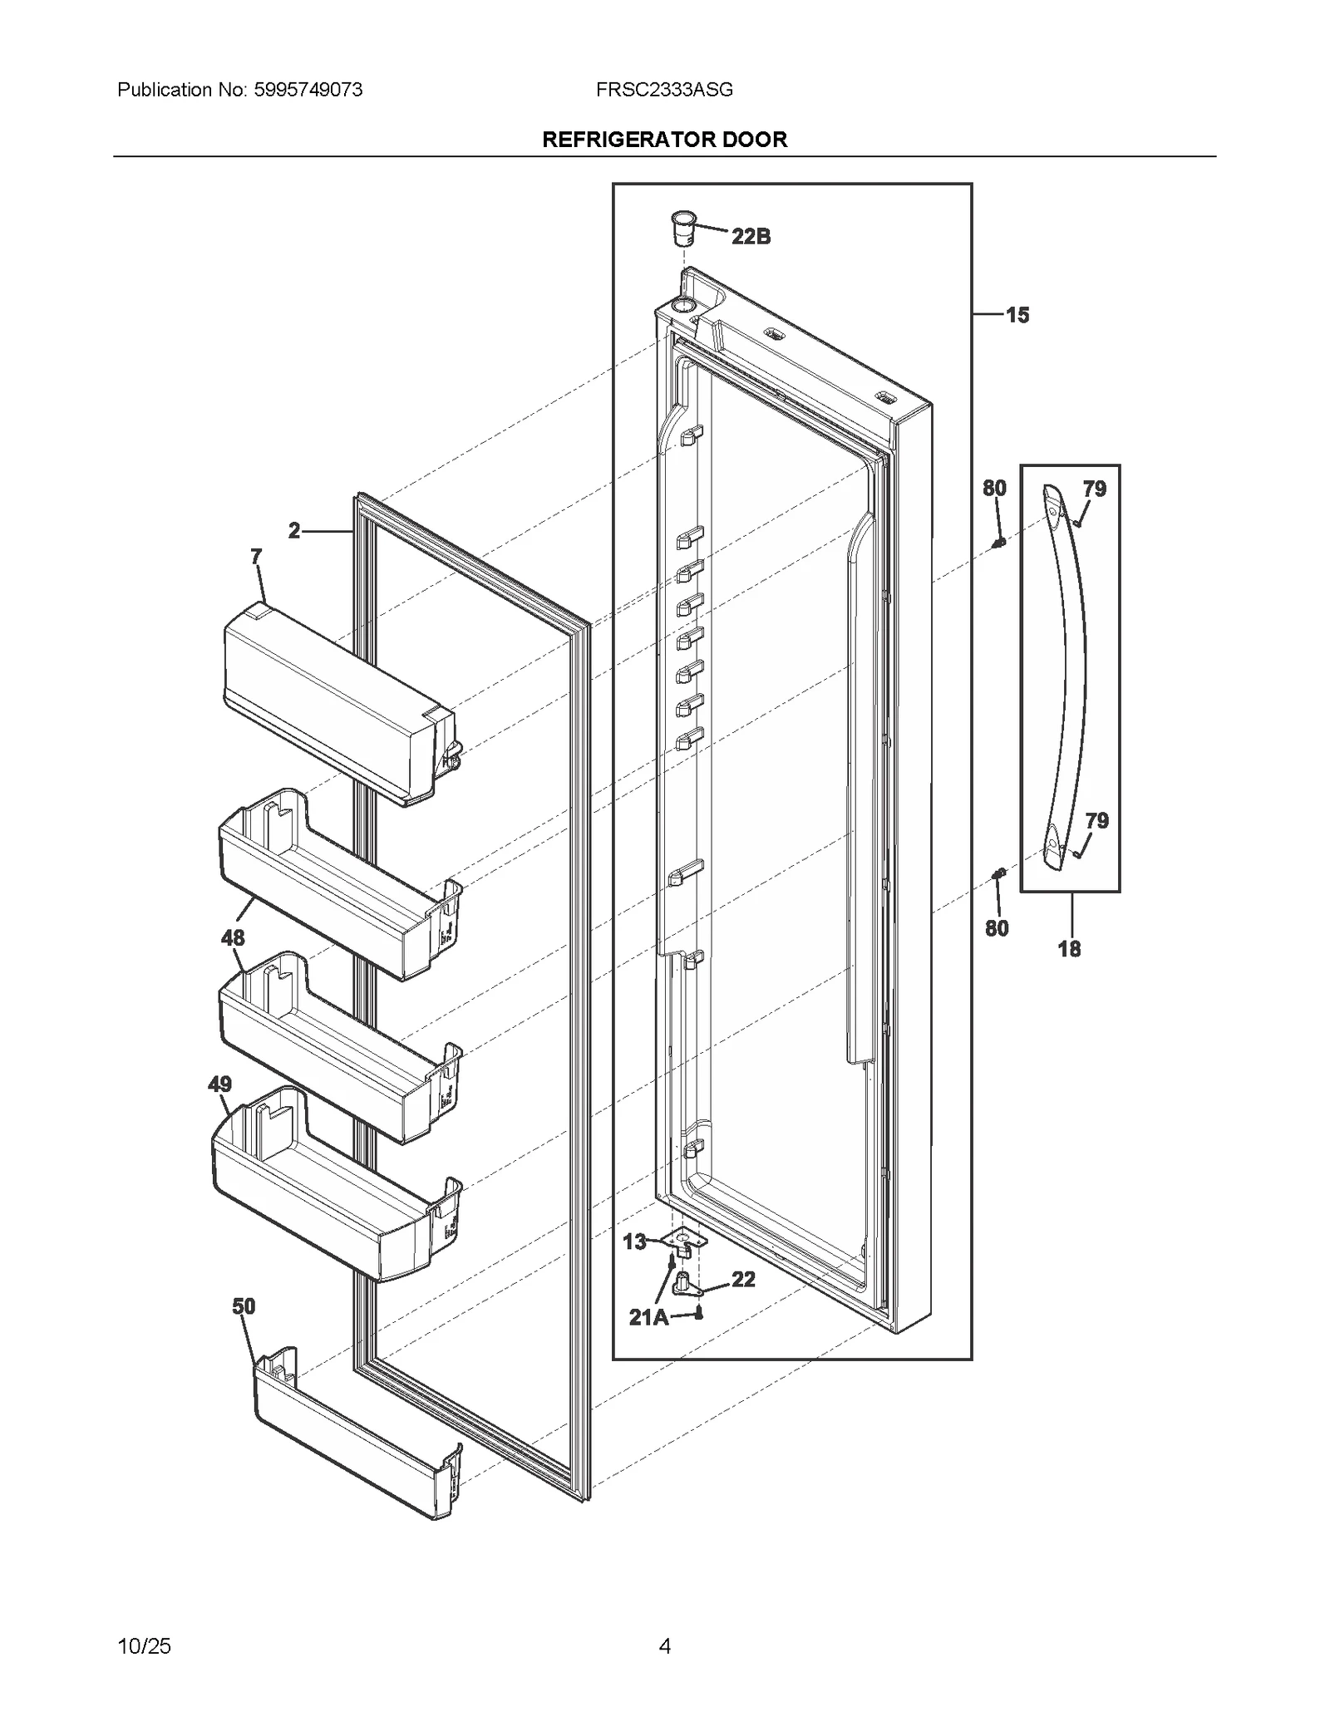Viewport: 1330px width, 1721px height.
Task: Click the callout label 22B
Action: pyautogui.click(x=751, y=237)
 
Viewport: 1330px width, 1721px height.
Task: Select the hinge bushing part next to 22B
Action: pyautogui.click(x=682, y=228)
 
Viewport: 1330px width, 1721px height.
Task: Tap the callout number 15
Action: pyautogui.click(x=1017, y=315)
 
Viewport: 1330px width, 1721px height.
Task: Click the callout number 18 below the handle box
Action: pyautogui.click(x=1069, y=948)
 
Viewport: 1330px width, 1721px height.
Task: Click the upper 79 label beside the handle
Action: pyautogui.click(x=1094, y=489)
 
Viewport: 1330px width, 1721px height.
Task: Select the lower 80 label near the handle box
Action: pyautogui.click(x=997, y=928)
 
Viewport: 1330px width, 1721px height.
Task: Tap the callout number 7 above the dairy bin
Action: pyautogui.click(x=256, y=556)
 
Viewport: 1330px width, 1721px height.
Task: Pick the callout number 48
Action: pyautogui.click(x=233, y=937)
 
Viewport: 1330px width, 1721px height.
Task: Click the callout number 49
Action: pyautogui.click(x=219, y=1084)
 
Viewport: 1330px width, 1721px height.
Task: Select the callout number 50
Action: pyautogui.click(x=244, y=1306)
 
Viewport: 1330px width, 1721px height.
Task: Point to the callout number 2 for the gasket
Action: pyautogui.click(x=294, y=530)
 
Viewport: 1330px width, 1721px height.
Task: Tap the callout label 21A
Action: pyautogui.click(x=648, y=1317)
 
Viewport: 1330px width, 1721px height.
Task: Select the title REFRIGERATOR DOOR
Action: pyautogui.click(x=664, y=140)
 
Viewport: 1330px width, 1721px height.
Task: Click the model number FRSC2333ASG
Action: pyautogui.click(x=664, y=90)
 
